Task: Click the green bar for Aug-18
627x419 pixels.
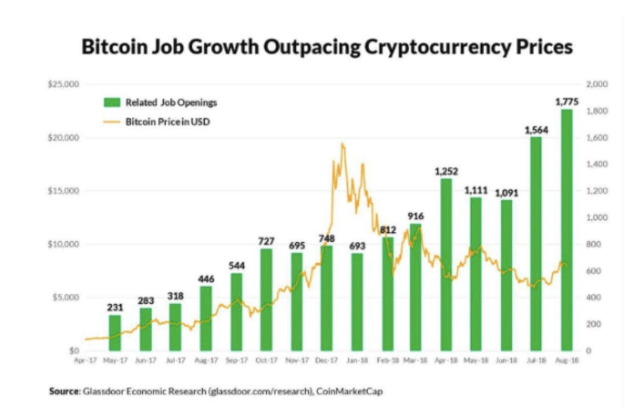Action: (x=567, y=230)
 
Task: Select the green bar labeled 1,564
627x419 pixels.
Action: (x=536, y=244)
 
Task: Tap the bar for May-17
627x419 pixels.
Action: (x=114, y=333)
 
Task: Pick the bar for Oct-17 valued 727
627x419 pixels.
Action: (x=266, y=300)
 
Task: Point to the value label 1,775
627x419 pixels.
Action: (x=567, y=101)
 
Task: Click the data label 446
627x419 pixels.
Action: (x=206, y=279)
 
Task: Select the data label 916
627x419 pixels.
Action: (x=415, y=216)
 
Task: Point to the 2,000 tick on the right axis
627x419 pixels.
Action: (x=596, y=85)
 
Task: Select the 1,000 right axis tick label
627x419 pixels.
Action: (x=596, y=218)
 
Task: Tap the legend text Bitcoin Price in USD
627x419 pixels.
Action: (x=168, y=122)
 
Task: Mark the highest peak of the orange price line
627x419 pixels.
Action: (x=342, y=144)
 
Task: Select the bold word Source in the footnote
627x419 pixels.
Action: (x=64, y=391)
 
